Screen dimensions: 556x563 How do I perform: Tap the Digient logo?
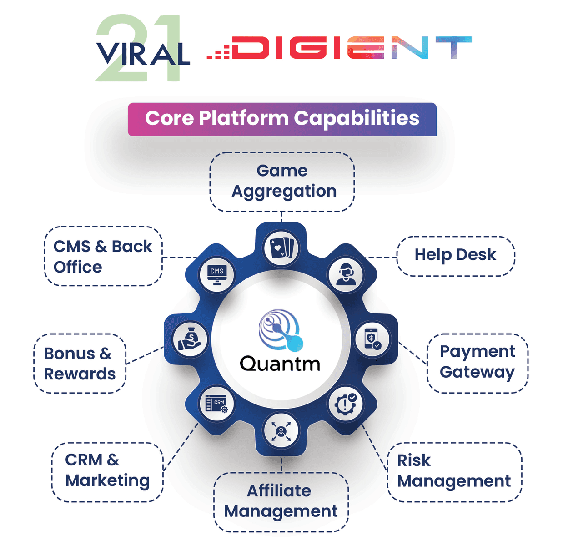[x=339, y=48]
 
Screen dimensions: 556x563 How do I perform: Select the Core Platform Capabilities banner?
[x=282, y=119]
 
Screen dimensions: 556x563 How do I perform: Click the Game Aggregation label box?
[x=282, y=182]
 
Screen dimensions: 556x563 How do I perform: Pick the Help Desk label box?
[x=456, y=255]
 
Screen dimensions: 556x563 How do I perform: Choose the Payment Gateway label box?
[x=478, y=363]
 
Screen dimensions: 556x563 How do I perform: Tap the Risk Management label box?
[x=454, y=471]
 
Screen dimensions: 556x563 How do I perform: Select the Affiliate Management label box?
[x=281, y=501]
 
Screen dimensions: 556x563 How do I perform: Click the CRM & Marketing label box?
[x=107, y=471]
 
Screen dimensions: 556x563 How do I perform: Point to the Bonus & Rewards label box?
[x=80, y=364]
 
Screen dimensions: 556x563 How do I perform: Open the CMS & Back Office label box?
[x=103, y=256]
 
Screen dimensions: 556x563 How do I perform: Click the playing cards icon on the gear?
[x=281, y=248]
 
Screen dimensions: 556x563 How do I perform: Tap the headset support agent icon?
[x=346, y=274]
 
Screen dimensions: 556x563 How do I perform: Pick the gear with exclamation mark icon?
[x=346, y=403]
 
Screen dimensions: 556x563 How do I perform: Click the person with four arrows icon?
[x=281, y=430]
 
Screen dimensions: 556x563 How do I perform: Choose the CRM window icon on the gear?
[x=217, y=403]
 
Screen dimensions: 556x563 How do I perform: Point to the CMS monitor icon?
[x=217, y=274]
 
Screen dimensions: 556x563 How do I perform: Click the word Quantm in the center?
[x=280, y=364]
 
